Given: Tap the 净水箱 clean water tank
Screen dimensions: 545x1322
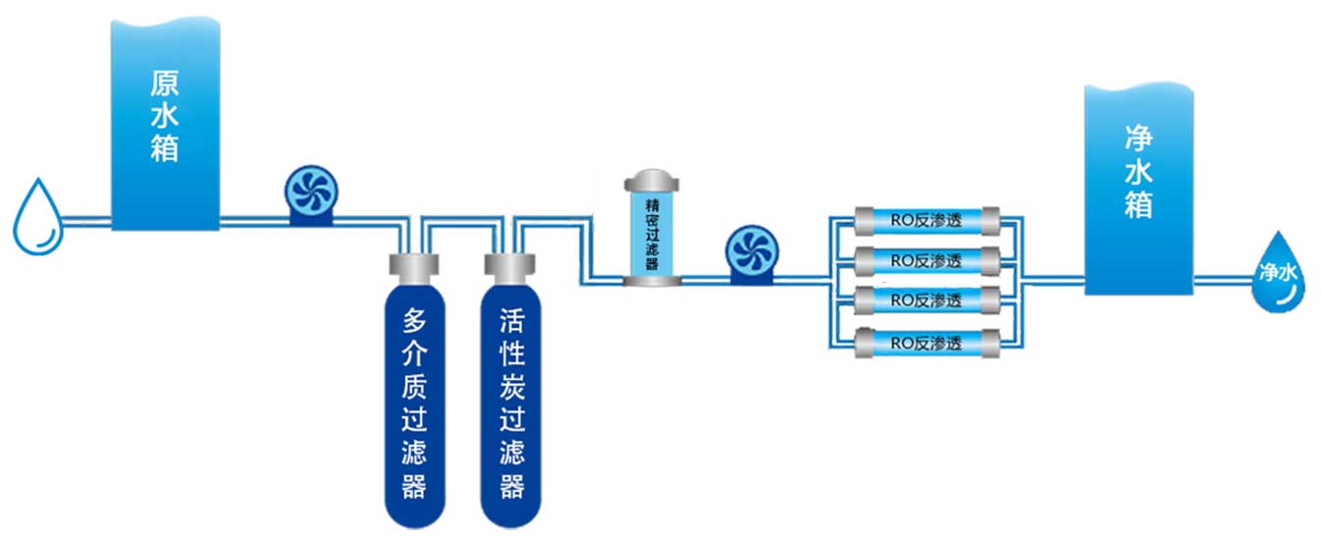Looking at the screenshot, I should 1137,187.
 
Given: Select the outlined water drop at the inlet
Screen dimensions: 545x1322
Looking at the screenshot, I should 36,218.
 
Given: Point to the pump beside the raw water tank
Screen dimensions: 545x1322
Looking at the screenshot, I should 311,193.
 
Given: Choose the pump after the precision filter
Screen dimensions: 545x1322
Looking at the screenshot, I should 751,253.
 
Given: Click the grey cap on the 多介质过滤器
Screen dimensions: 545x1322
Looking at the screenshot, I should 413,265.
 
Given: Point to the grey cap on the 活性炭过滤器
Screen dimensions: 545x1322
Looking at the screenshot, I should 510,265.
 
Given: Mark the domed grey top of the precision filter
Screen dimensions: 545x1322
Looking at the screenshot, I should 652,181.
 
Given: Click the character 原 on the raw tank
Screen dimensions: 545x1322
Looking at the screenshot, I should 164,80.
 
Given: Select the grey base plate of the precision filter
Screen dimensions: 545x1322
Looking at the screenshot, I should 652,281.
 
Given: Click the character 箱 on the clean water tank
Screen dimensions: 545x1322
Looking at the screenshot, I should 1137,207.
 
